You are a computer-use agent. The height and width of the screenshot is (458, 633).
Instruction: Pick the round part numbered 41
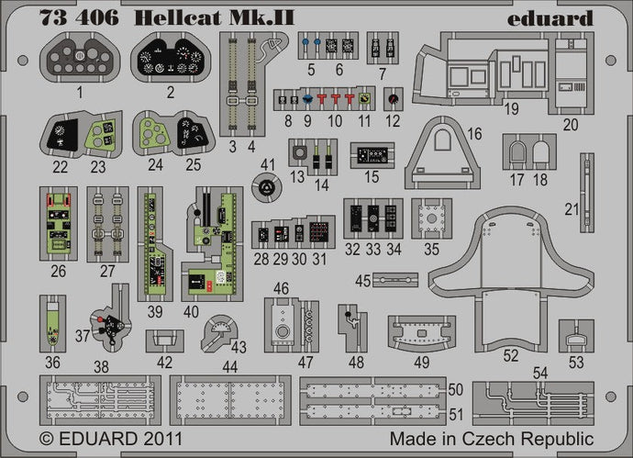[x=266, y=189]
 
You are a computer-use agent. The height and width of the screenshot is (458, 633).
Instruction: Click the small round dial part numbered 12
[x=393, y=97]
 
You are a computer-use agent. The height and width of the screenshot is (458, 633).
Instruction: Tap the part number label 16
[x=473, y=134]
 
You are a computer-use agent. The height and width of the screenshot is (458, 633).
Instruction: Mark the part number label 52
[x=511, y=352]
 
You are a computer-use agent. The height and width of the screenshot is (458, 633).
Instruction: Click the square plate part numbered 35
[x=431, y=218]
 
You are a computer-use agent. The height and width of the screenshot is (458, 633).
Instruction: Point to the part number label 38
[x=102, y=365]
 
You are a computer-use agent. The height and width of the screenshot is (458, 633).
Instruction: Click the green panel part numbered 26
[x=59, y=225]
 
